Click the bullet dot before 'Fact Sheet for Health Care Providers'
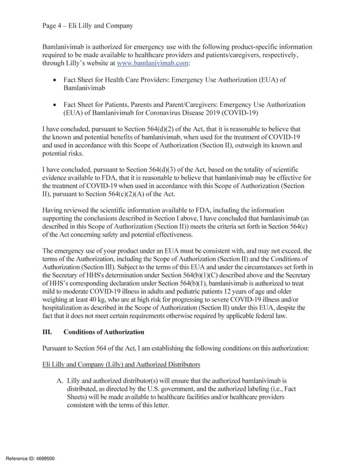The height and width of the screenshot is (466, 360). pos(56,80)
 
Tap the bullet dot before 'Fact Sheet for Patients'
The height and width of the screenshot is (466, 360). pos(56,104)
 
